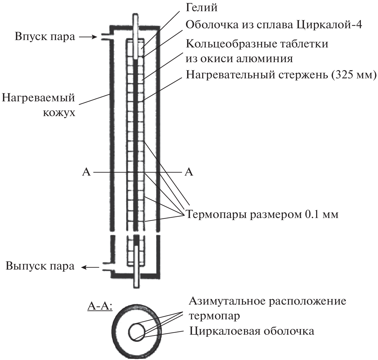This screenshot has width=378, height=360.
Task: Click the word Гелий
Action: coord(202,8)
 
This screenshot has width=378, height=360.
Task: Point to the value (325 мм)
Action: coord(354,75)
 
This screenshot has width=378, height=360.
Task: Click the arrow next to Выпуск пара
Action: coord(90,267)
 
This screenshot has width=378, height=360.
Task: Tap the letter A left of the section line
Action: coord(86,172)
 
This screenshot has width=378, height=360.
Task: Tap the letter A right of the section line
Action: coord(189,172)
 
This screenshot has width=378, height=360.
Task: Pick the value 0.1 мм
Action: coord(320,214)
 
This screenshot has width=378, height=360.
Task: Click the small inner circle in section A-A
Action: coord(136,332)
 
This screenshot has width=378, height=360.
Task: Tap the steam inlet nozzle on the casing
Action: coord(105,37)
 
